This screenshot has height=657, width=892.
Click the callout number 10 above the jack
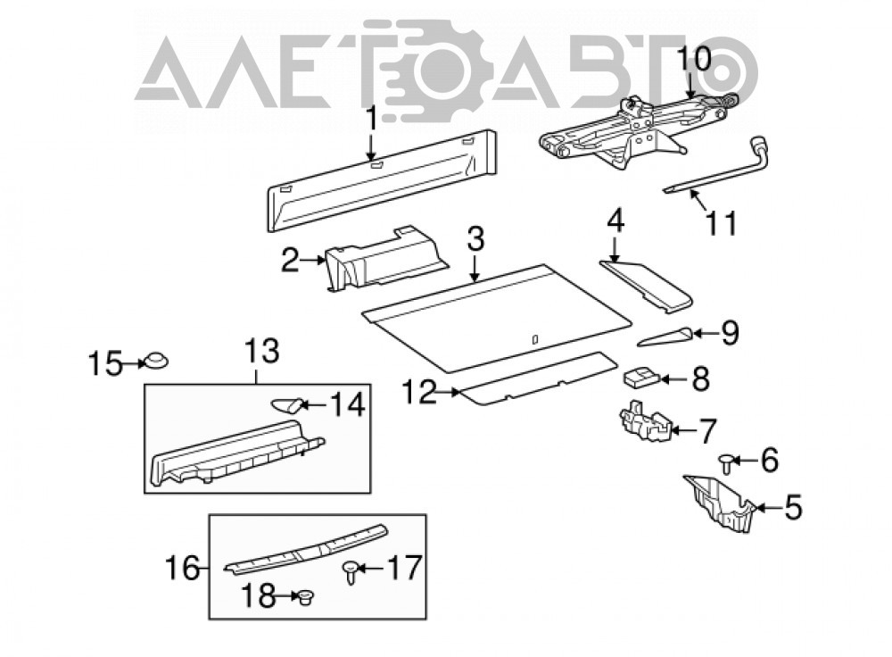coord(694,59)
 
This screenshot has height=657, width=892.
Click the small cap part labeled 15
coord(154,360)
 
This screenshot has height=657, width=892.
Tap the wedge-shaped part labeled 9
coord(665,337)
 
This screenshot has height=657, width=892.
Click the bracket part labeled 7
coord(645,420)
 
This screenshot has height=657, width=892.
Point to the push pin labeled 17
coord(351,571)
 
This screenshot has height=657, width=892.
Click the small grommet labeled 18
coord(307,597)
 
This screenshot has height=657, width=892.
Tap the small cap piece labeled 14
coord(285,404)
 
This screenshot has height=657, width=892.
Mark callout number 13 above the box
coord(263,352)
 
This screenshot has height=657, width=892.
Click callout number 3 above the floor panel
coord(475,240)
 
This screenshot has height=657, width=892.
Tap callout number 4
coord(615,220)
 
